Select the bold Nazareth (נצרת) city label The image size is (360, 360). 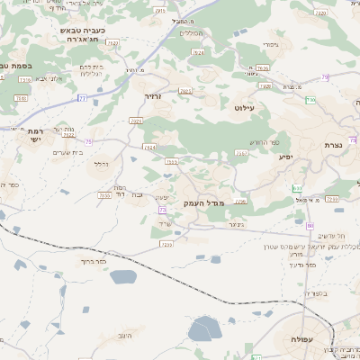[x=332, y=144]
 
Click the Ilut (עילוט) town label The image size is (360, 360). [x=244, y=108]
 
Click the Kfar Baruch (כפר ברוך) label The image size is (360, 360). [x=94, y=262]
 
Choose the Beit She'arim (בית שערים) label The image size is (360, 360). [x=68, y=152]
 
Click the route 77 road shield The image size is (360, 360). [x=81, y=97]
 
